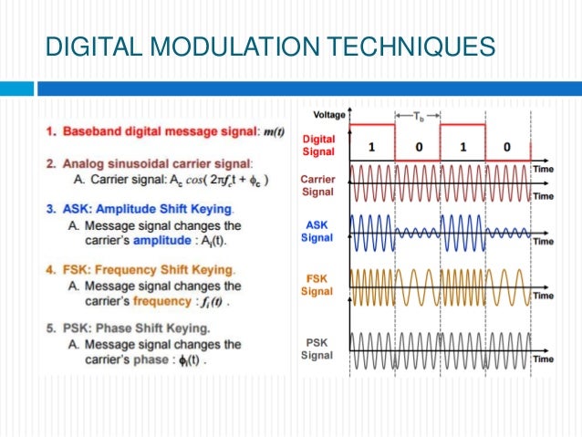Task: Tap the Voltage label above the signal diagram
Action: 329,115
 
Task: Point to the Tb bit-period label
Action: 418,116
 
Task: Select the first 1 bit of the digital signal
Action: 371,145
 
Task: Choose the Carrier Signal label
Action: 318,185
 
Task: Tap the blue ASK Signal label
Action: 318,232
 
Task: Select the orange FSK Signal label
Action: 318,284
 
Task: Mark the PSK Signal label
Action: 318,347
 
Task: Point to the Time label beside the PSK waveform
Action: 544,359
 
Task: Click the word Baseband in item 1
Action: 92,131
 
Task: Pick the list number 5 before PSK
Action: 51,328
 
